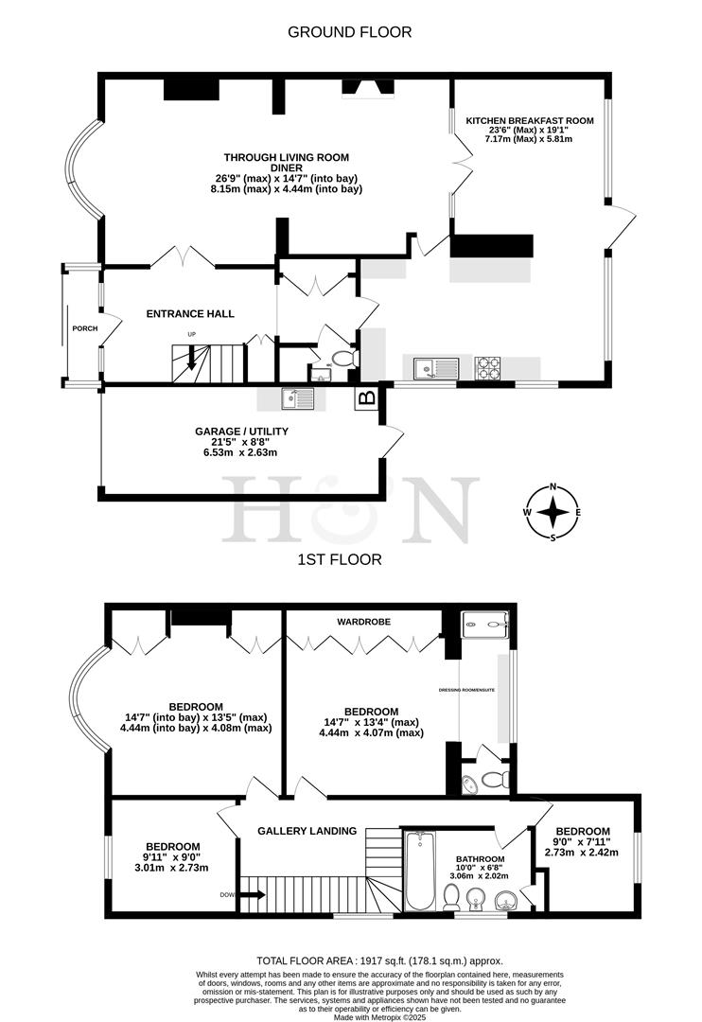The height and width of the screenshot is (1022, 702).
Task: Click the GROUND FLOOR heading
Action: tap(350, 32)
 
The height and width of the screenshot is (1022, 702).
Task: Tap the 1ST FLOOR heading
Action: tap(340, 559)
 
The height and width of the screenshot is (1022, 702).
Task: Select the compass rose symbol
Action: tap(553, 512)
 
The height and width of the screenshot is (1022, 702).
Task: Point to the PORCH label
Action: tap(84, 328)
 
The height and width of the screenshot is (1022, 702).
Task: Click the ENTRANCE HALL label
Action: tap(190, 314)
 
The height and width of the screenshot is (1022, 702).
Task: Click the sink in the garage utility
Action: tap(298, 399)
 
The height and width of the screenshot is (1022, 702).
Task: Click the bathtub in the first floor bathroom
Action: tap(419, 872)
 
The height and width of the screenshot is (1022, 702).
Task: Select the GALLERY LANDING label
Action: tap(307, 831)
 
